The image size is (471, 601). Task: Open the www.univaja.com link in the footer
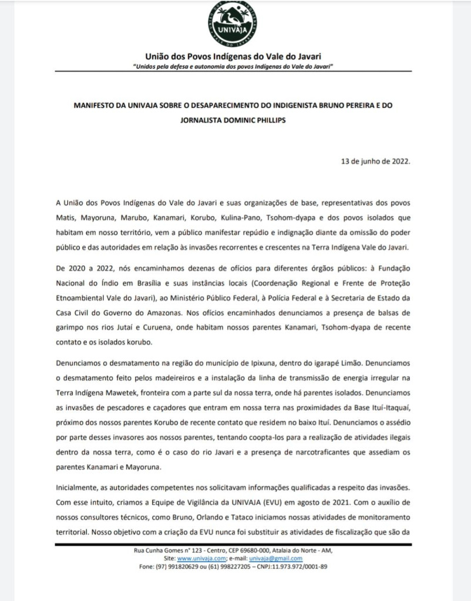(x=199, y=559)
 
